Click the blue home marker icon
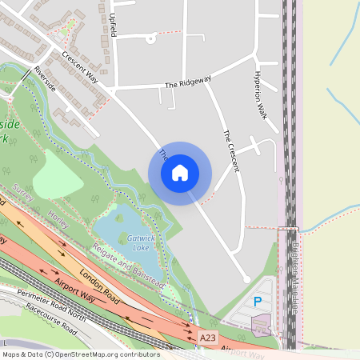(x=179, y=173)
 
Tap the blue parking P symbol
(x=257, y=302)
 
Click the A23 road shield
(x=207, y=338)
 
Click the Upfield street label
(x=113, y=24)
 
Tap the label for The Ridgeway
(x=188, y=82)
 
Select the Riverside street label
(x=45, y=78)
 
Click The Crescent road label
(x=231, y=150)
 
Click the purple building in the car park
(x=261, y=325)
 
